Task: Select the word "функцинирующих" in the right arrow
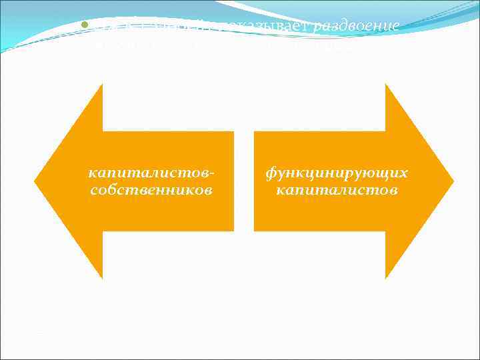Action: point(337,173)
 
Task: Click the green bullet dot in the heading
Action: point(76,27)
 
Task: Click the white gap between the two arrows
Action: point(244,181)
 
